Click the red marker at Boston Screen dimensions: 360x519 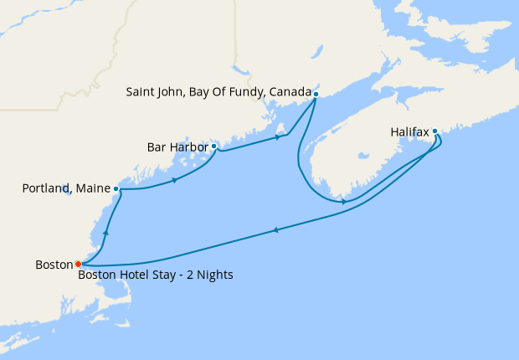[79, 264]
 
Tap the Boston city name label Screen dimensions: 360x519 [54, 265]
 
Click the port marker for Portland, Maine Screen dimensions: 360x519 [116, 189]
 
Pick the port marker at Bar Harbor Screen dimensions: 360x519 [214, 147]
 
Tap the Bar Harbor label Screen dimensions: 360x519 [177, 147]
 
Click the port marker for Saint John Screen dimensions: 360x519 [316, 94]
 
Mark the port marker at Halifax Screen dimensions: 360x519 [435, 131]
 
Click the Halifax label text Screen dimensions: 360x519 [409, 132]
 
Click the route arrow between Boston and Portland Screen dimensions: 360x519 [105, 233]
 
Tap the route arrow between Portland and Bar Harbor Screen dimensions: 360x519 [174, 180]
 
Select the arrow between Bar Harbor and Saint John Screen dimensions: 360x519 [277, 137]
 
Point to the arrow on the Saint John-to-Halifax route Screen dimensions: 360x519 [344, 202]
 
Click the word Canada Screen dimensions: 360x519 [289, 91]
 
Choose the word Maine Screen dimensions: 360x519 [92, 189]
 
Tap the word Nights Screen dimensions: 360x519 [213, 275]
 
